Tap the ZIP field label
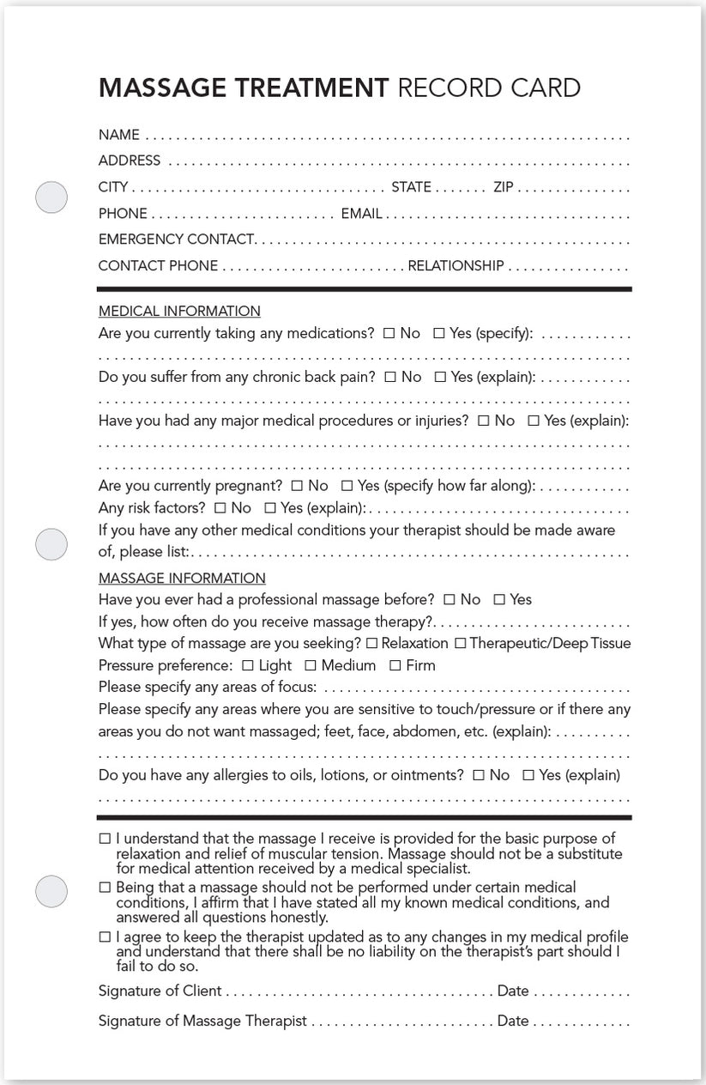(503, 187)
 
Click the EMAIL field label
(361, 214)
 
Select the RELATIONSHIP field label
(456, 266)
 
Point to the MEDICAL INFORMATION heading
(179, 311)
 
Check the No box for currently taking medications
(389, 334)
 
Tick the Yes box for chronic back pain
(440, 377)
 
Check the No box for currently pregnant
(297, 486)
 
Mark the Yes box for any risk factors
(270, 508)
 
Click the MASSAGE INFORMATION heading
(182, 579)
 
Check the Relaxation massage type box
(371, 643)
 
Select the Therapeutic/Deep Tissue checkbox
(460, 643)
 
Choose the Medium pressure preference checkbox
(311, 665)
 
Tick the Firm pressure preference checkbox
(395, 665)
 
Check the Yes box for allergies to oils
(528, 775)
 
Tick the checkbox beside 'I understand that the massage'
(105, 839)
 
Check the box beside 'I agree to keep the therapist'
(105, 936)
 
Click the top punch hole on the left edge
(51, 197)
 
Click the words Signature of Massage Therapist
(202, 1021)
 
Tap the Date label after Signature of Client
(513, 991)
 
